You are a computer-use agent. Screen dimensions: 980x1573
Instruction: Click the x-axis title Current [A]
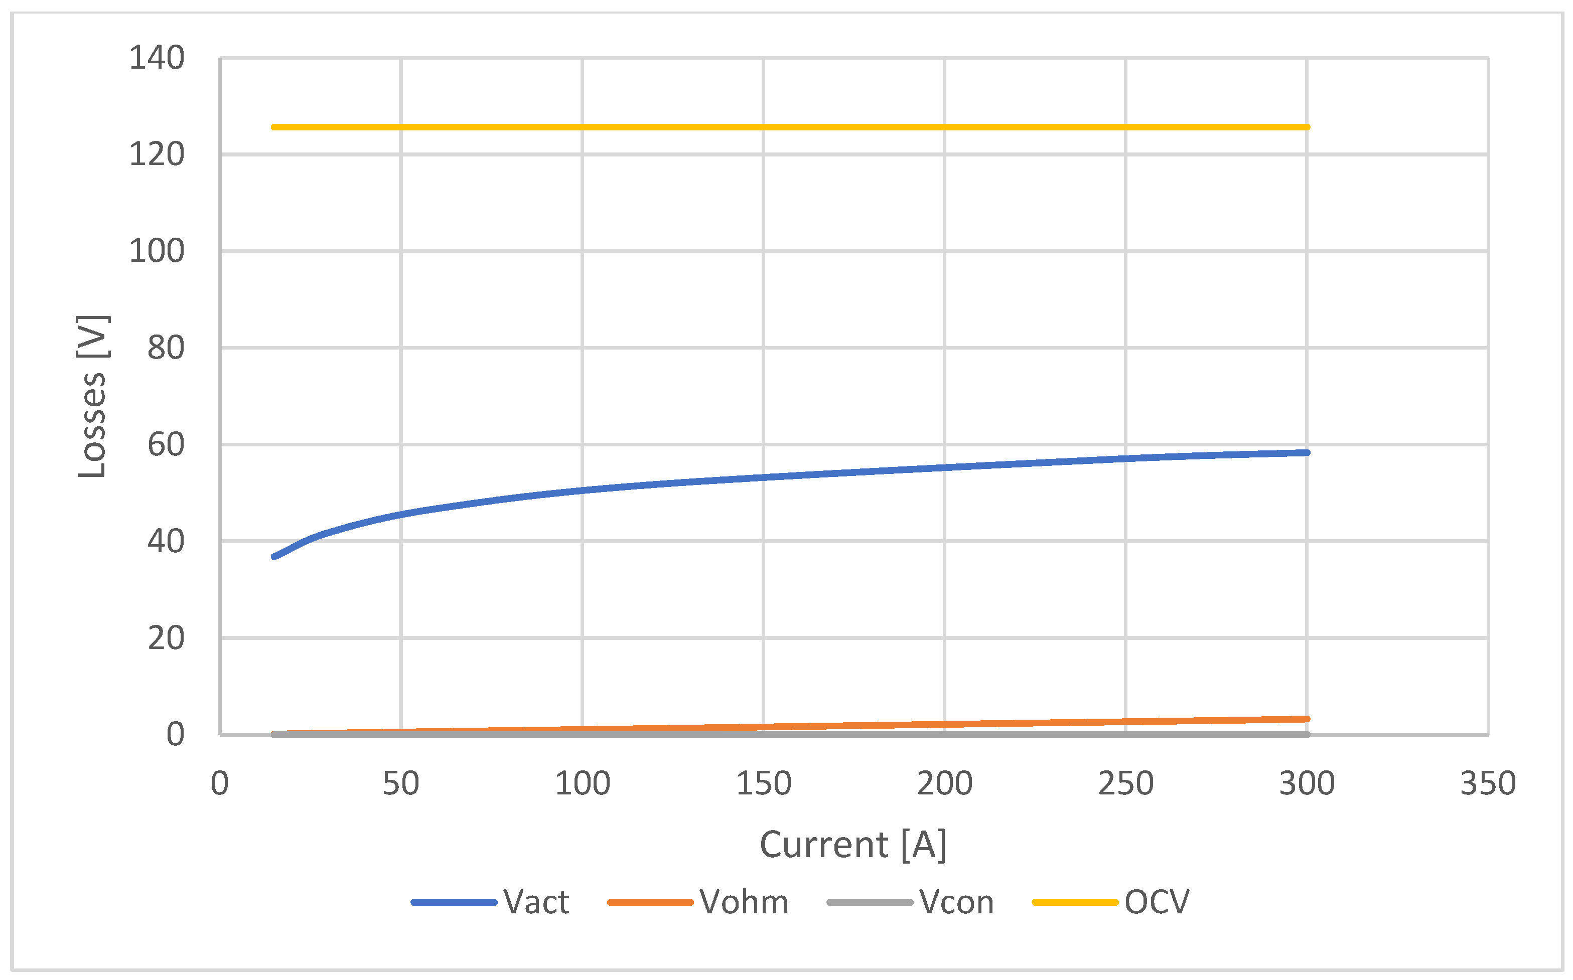click(852, 845)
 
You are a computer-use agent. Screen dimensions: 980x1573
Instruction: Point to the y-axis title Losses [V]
click(92, 397)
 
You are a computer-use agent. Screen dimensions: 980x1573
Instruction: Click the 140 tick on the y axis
click(157, 58)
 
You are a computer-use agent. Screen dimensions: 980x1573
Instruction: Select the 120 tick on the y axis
click(157, 155)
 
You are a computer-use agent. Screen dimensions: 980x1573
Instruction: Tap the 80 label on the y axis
click(166, 348)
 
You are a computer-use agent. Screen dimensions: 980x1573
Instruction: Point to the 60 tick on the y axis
click(166, 445)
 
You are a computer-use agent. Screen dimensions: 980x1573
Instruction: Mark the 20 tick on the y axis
click(166, 638)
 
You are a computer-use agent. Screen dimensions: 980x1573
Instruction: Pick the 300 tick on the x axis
click(1307, 783)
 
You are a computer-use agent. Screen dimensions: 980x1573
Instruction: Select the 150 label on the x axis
click(763, 783)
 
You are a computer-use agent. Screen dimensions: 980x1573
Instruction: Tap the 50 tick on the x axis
click(401, 783)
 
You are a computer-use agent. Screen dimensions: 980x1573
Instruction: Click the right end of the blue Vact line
click(1307, 452)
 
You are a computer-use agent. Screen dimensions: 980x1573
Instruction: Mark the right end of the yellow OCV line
click(1307, 127)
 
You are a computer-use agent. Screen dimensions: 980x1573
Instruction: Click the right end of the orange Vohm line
click(1307, 719)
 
